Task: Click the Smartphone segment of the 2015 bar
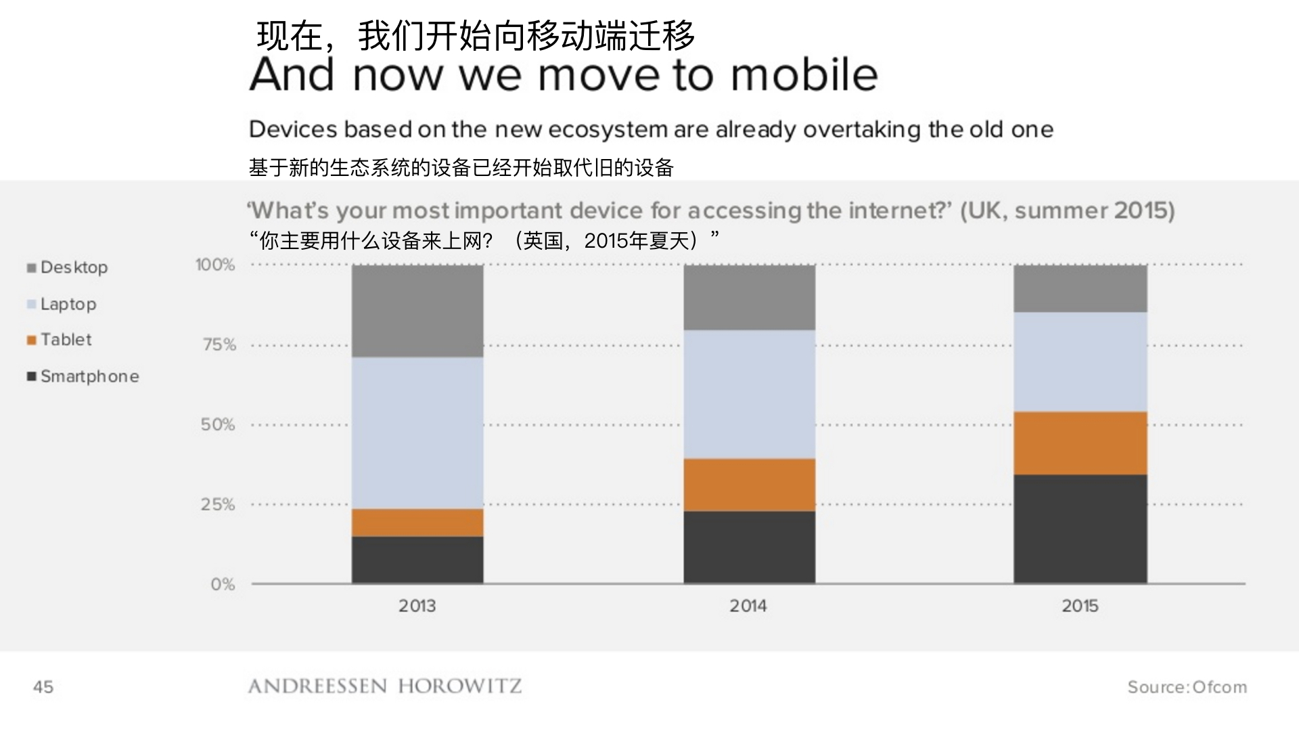(1080, 529)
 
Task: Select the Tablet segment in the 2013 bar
(417, 523)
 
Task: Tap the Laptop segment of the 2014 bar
(749, 394)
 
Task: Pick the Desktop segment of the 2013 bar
(417, 311)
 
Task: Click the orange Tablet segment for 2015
(1080, 443)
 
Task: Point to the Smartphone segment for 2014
(749, 547)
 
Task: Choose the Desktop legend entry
(73, 267)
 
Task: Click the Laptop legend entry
(68, 304)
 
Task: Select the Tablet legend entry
(65, 340)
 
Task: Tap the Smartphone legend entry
(89, 376)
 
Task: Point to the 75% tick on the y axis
(219, 345)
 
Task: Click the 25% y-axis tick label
(218, 505)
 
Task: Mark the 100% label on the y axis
(215, 265)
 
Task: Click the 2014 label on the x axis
(748, 606)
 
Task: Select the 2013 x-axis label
(417, 606)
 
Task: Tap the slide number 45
(43, 687)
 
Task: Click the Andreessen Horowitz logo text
(385, 686)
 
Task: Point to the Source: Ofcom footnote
(1187, 687)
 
